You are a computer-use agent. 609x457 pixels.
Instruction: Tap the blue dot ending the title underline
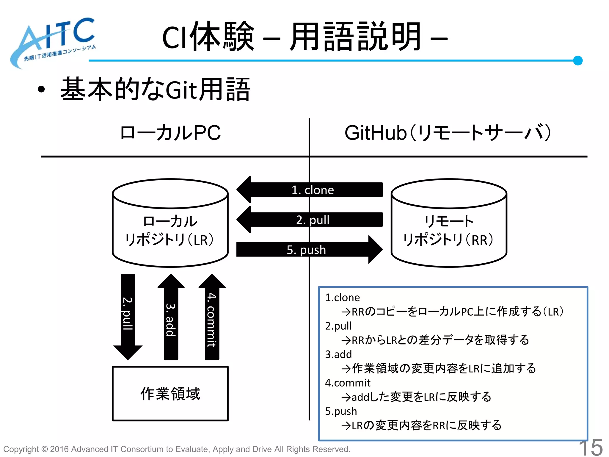point(577,60)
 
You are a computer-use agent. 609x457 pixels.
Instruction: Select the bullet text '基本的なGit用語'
point(155,89)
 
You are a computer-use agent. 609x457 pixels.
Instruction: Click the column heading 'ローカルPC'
point(170,133)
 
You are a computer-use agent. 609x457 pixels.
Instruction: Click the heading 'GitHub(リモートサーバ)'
point(448,133)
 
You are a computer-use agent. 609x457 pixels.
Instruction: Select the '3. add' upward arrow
point(171,318)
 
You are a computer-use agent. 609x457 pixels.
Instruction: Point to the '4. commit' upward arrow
point(212,318)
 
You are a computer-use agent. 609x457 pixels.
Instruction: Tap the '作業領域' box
point(170,394)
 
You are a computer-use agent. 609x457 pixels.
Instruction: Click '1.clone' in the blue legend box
point(342,298)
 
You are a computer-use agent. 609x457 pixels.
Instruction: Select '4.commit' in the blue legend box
point(348,383)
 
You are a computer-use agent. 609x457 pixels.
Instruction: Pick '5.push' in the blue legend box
point(341,411)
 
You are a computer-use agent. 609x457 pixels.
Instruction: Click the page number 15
point(591,447)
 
